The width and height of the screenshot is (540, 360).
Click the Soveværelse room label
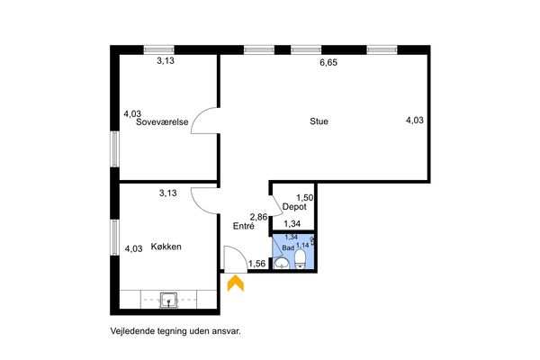pyautogui.click(x=162, y=122)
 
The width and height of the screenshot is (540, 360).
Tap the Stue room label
pyautogui.click(x=319, y=121)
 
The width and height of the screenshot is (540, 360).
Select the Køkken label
pyautogui.click(x=166, y=247)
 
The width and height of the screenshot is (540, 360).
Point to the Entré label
pyautogui.click(x=244, y=226)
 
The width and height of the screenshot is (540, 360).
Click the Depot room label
pyautogui.click(x=294, y=207)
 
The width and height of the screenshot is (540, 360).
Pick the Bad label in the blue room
pyautogui.click(x=288, y=248)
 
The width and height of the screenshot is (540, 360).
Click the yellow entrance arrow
pyautogui.click(x=236, y=283)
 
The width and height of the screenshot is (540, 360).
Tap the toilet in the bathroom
pyautogui.click(x=301, y=259)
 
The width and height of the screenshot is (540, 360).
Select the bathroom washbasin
pyautogui.click(x=282, y=263)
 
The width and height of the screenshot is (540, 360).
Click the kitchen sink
pyautogui.click(x=169, y=300)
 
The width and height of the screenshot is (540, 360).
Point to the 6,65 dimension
pyautogui.click(x=328, y=63)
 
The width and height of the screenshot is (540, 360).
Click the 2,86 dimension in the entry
pyautogui.click(x=258, y=217)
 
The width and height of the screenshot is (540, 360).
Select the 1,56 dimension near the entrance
pyautogui.click(x=256, y=264)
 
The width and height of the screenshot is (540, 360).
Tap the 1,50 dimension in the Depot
pyautogui.click(x=305, y=198)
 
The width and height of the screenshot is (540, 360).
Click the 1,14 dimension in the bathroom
pyautogui.click(x=302, y=246)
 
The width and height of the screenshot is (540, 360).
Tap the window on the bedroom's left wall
pyautogui.click(x=114, y=148)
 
